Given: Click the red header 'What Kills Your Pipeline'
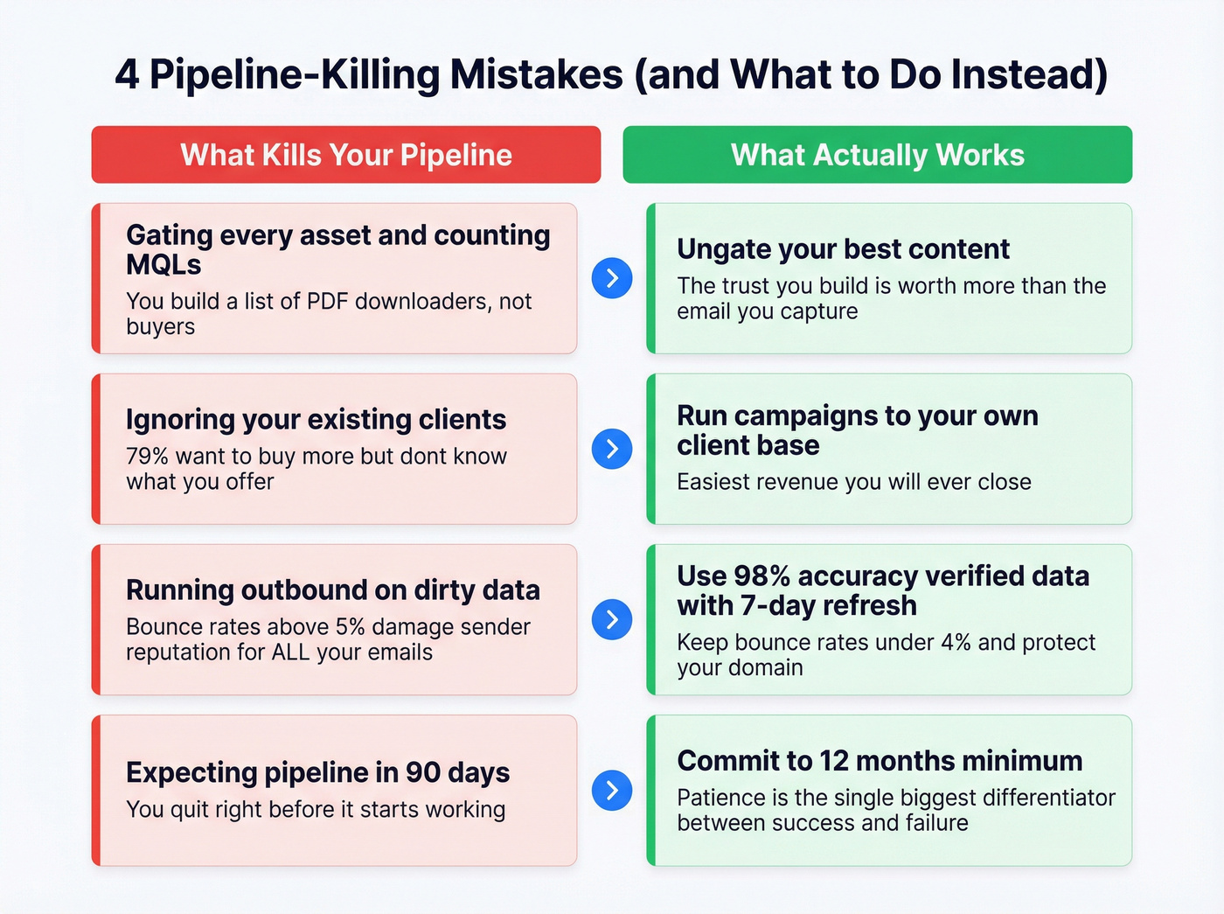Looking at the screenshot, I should (346, 155).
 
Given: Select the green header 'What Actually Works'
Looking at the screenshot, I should (877, 155).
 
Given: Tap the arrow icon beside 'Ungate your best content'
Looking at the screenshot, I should (612, 278).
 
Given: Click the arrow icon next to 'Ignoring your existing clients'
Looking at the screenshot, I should (612, 449).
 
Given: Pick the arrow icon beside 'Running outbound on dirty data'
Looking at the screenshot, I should (612, 619).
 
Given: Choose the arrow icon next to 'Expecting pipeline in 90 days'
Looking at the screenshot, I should (612, 790).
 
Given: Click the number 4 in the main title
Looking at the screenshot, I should (127, 75).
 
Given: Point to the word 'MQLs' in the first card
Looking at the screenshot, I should (163, 265).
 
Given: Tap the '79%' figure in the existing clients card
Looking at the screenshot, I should (147, 457).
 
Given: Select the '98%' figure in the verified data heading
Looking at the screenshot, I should (762, 576).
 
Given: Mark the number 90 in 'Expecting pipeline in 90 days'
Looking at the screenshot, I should (423, 772).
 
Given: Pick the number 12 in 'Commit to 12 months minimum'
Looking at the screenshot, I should (834, 761).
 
